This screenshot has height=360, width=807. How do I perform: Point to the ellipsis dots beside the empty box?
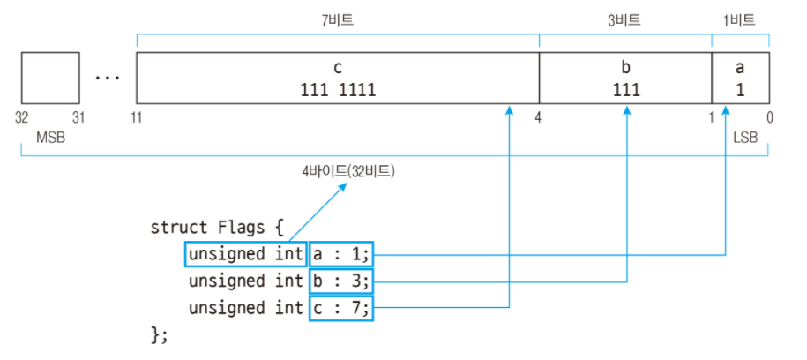[107, 78]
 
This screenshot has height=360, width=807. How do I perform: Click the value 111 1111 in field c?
[338, 90]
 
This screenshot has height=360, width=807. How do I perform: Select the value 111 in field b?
[626, 90]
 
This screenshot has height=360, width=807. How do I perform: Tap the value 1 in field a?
[741, 90]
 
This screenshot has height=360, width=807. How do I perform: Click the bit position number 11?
[138, 117]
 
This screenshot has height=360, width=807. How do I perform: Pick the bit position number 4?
[537, 117]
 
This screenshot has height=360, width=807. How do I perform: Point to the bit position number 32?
[22, 117]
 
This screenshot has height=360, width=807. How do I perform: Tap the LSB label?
[745, 138]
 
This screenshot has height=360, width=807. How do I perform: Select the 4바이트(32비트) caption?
[349, 172]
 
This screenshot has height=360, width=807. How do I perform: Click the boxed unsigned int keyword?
[245, 254]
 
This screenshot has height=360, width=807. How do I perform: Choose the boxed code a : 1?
[341, 254]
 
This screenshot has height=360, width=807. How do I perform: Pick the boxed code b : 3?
[341, 281]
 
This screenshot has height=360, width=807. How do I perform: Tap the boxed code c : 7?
[341, 308]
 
